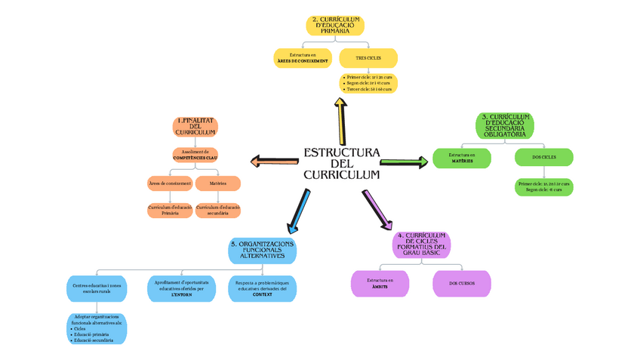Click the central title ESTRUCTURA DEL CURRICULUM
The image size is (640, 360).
click(x=341, y=164)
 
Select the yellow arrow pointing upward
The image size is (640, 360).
click(x=340, y=120)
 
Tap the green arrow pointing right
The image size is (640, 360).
click(x=403, y=162)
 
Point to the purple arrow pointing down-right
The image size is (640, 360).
click(x=378, y=209)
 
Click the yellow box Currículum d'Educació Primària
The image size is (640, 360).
click(x=335, y=25)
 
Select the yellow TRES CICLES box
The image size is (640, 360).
click(x=368, y=58)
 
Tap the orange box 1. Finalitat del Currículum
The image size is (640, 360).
click(x=195, y=126)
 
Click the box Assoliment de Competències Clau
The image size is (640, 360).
click(x=195, y=155)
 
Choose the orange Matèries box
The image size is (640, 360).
click(x=218, y=183)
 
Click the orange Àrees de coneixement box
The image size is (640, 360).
click(x=169, y=183)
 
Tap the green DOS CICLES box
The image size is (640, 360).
click(x=543, y=157)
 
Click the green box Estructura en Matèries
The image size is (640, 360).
click(x=462, y=158)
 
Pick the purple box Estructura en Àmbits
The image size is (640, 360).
click(x=380, y=283)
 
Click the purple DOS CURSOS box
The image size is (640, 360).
click(x=461, y=283)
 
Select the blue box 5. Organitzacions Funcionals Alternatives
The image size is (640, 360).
click(x=262, y=250)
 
